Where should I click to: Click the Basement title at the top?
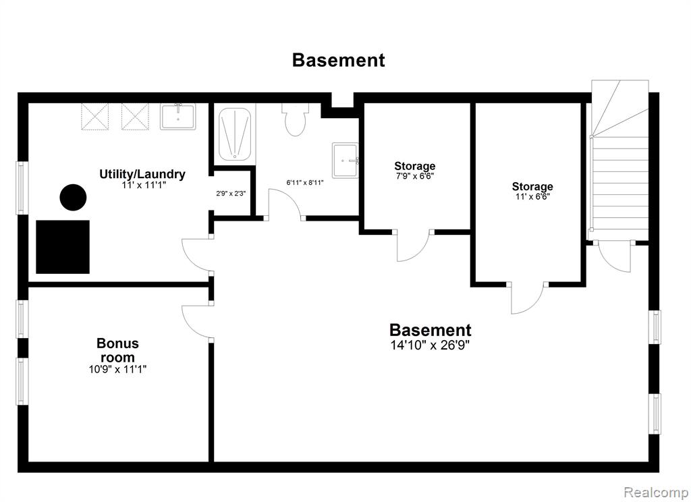[x=339, y=60]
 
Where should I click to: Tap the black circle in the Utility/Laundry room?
[x=73, y=197]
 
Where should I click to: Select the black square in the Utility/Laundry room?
[x=63, y=247]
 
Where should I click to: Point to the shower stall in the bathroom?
[x=234, y=134]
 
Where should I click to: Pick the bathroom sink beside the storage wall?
[x=345, y=160]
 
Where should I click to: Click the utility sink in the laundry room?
[x=177, y=116]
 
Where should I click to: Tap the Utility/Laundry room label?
[x=142, y=174]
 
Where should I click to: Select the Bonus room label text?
[x=117, y=350]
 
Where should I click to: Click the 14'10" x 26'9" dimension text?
[x=430, y=345]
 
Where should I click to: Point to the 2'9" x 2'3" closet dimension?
[x=231, y=193]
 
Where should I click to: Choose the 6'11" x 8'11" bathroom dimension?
[x=305, y=182]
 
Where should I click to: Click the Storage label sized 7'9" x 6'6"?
[x=415, y=166]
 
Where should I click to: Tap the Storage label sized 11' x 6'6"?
[x=532, y=186]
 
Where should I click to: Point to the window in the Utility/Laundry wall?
[x=21, y=188]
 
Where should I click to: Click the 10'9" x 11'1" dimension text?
[x=117, y=369]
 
